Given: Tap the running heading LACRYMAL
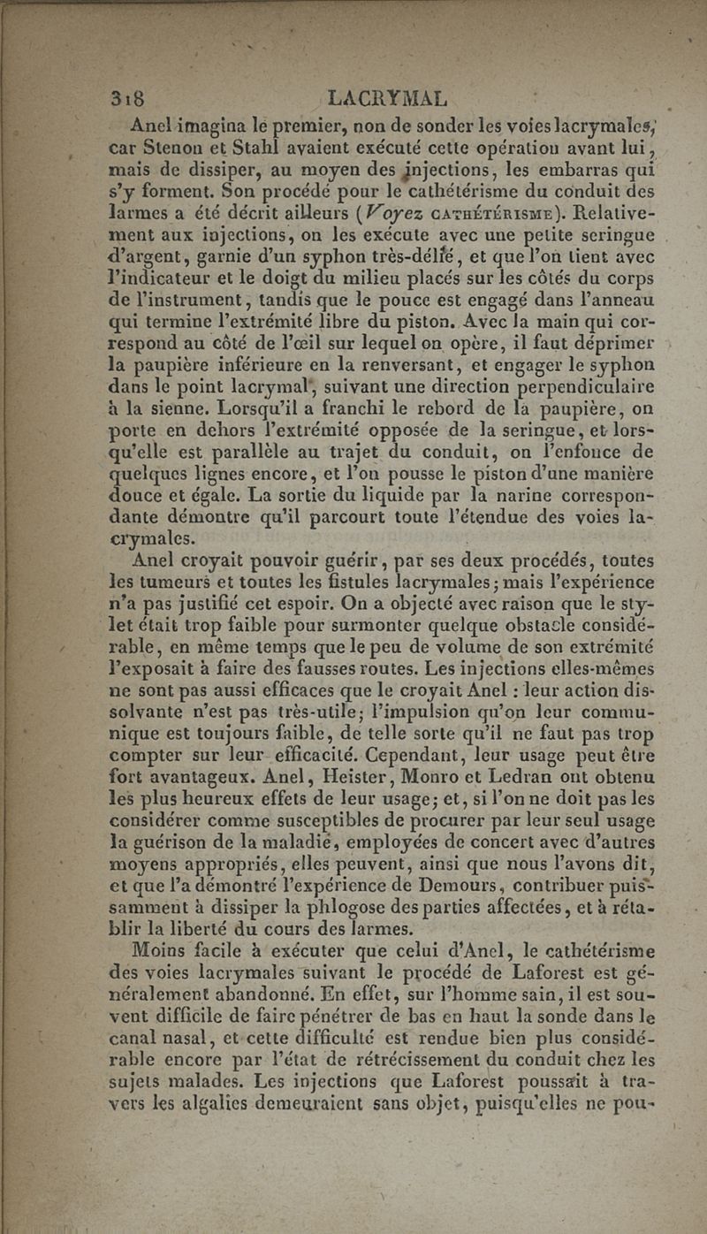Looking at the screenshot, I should pyautogui.click(x=386, y=96).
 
